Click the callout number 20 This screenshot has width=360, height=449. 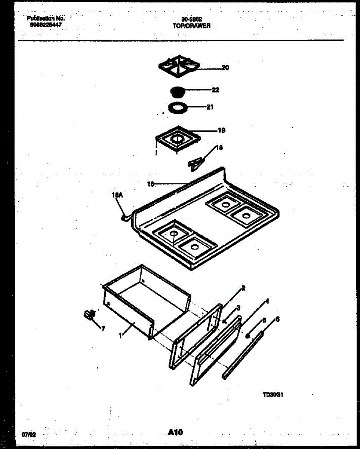pyautogui.click(x=225, y=68)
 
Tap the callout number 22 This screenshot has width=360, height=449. pyautogui.click(x=215, y=90)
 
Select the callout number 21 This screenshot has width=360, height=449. pyautogui.click(x=210, y=107)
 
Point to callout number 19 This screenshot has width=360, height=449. pyautogui.click(x=221, y=131)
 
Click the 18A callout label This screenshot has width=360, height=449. pyautogui.click(x=117, y=195)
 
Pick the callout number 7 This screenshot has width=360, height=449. pyautogui.click(x=103, y=329)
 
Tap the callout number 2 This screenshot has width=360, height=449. pyautogui.click(x=243, y=288)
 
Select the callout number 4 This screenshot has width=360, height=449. pyautogui.click(x=267, y=301)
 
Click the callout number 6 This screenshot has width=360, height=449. pyautogui.click(x=277, y=320)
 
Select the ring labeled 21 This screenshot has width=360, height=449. pyautogui.click(x=177, y=108)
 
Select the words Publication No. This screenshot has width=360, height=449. pyautogui.click(x=46, y=18)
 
